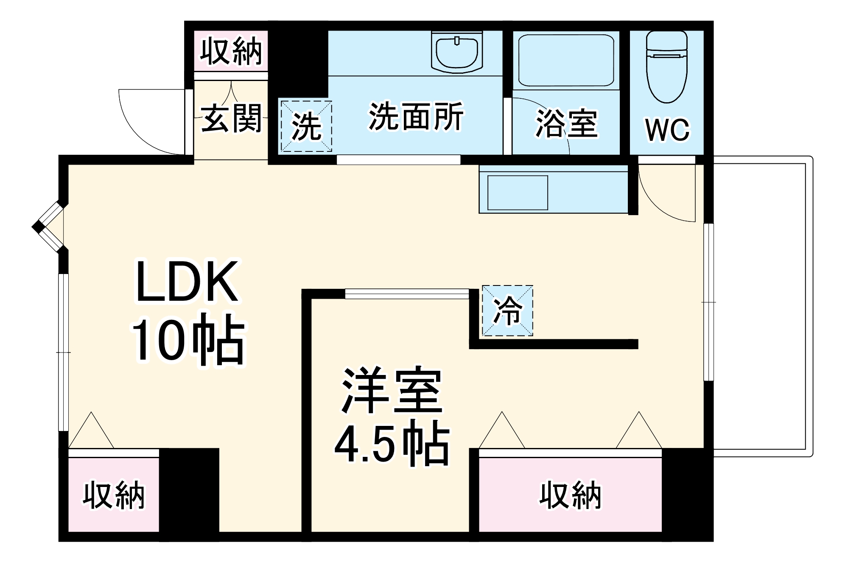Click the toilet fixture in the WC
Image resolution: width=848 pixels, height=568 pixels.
(x=666, y=67)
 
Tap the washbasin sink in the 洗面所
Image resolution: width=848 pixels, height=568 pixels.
(x=457, y=52)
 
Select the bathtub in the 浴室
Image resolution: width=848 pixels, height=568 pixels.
(x=566, y=60)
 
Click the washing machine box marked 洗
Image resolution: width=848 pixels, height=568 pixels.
(x=306, y=126)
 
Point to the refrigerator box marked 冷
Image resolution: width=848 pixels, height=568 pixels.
(x=507, y=311)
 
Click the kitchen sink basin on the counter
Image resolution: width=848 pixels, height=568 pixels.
(x=518, y=193)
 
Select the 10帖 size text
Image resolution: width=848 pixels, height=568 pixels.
(x=188, y=340)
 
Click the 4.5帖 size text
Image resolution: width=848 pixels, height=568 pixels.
(x=392, y=444)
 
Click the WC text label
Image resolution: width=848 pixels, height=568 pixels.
(x=667, y=130)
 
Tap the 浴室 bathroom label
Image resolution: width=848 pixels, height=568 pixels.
(x=566, y=123)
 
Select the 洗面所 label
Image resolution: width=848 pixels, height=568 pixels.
(x=416, y=116)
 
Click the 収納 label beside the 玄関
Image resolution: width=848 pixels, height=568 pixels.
(x=231, y=51)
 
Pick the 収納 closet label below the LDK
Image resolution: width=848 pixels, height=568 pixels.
(x=114, y=495)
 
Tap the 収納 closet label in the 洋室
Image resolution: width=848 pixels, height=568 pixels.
(x=571, y=495)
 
